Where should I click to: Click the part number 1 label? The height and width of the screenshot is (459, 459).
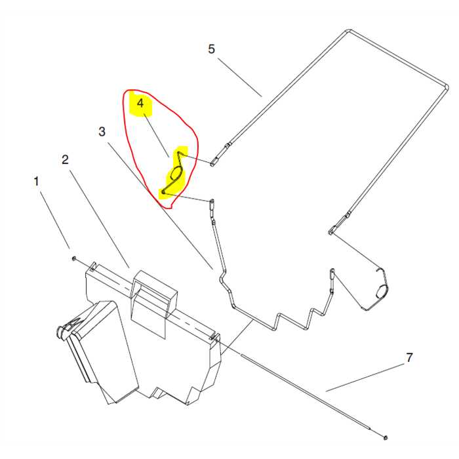(37, 180)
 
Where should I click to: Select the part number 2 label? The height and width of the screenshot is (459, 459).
(65, 159)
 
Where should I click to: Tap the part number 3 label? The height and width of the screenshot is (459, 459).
(102, 131)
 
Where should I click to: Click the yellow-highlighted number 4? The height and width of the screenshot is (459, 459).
(140, 104)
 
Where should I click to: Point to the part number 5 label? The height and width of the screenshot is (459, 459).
(211, 49)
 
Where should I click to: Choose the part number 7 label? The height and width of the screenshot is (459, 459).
(409, 357)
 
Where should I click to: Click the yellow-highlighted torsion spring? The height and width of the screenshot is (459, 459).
(176, 174)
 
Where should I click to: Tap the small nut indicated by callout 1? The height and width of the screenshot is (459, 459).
(75, 259)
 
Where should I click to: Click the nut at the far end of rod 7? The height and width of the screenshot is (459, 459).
(386, 437)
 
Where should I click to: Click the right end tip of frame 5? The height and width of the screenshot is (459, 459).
(332, 230)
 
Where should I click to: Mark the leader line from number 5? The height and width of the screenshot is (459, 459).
(240, 75)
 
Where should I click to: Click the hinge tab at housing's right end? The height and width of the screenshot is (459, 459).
(212, 337)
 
